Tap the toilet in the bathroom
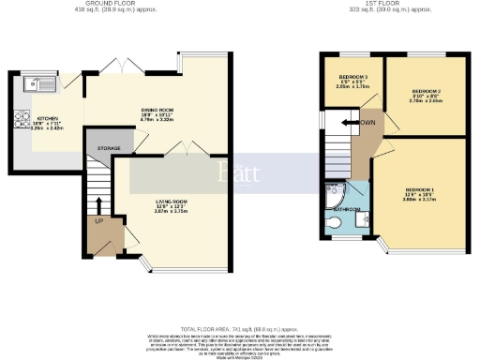tap(336, 223)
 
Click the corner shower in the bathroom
tap(333, 193)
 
